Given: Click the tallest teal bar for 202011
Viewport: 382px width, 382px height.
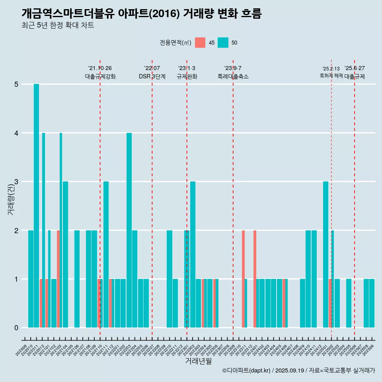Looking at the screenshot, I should tap(36, 206).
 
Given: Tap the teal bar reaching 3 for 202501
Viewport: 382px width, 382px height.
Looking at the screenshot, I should tap(325, 255).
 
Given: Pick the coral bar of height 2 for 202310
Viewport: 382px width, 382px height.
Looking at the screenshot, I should tap(243, 279).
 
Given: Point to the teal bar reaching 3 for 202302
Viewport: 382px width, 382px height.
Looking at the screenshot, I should tap(193, 255).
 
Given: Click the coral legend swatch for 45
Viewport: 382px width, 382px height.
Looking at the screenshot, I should tap(200, 43).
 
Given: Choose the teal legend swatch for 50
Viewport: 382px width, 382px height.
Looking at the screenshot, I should tap(223, 43).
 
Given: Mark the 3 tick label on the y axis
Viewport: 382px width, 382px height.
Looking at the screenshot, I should tap(16, 182).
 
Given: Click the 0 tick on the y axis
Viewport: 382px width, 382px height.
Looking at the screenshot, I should tap(16, 328).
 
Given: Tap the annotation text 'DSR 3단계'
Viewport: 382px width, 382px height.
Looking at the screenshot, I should tap(152, 76).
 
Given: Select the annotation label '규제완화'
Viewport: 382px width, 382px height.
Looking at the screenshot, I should tap(187, 76).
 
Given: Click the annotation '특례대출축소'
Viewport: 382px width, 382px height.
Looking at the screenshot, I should tap(233, 76).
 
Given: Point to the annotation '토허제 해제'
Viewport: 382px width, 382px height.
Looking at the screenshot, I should tap(331, 75).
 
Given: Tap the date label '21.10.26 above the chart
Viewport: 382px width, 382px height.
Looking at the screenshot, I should tap(100, 68).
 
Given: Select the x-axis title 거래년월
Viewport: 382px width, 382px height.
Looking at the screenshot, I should tap(198, 361).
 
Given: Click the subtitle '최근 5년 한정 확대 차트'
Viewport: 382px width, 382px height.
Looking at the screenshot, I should tap(58, 26).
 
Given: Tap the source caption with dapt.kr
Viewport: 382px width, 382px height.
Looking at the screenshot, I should tap(298, 370).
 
